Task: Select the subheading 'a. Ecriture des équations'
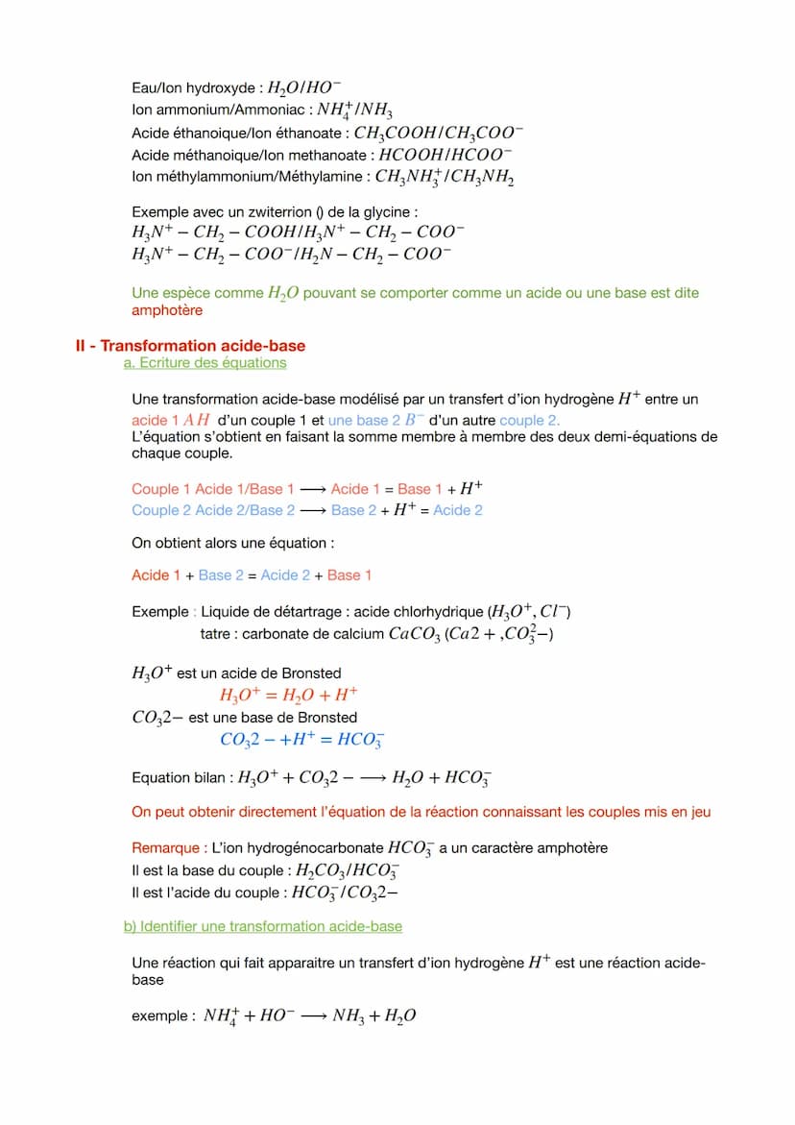(x=205, y=362)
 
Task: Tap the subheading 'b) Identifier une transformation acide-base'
(x=262, y=926)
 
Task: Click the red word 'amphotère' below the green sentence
(x=167, y=310)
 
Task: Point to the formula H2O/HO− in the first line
(x=304, y=88)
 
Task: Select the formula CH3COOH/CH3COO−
(x=438, y=134)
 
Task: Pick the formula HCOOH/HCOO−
(x=446, y=155)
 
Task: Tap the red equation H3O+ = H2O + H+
(x=289, y=696)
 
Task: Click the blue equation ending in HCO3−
(x=302, y=740)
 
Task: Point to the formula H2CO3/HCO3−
(x=348, y=871)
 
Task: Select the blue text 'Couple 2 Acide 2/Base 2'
(x=213, y=510)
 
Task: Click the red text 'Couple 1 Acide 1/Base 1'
(x=213, y=489)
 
